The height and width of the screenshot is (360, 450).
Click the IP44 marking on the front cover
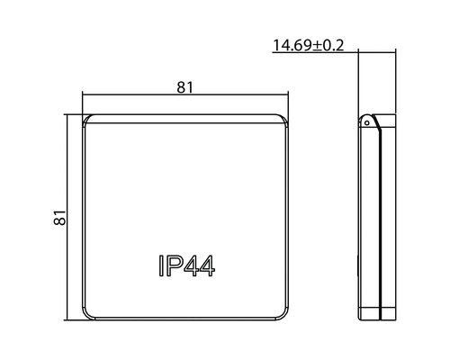coord(184,266)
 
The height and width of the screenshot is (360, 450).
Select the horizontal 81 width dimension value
coord(184,86)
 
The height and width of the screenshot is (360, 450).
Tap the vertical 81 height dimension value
coord(59,217)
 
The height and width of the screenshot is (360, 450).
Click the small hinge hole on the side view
coord(367,121)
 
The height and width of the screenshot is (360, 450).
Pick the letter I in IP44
coord(161,266)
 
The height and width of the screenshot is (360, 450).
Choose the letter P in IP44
coord(175,266)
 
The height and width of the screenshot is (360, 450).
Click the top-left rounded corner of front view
coord(87,121)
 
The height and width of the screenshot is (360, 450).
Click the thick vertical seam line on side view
coord(383,220)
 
